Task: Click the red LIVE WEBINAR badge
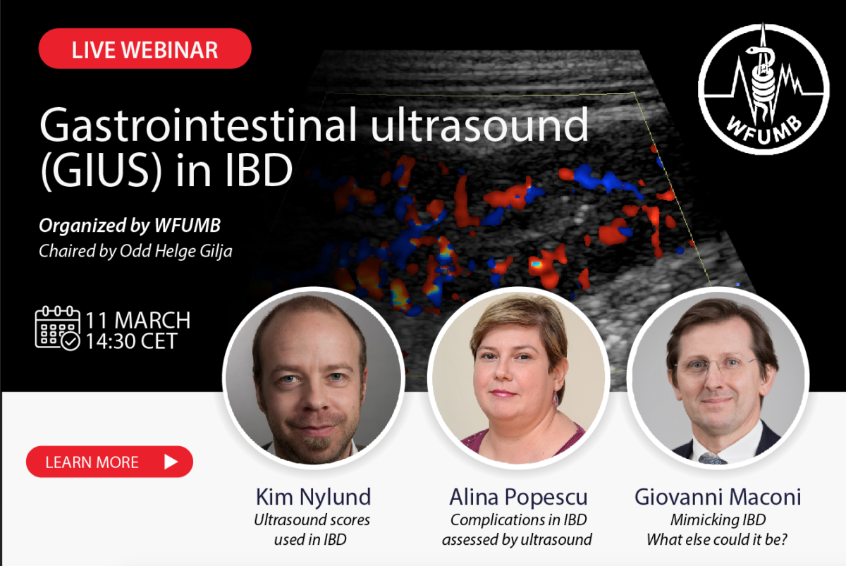pos(145,49)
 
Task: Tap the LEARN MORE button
pos(109,462)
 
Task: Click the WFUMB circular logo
pos(764,89)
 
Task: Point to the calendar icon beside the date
pos(57,328)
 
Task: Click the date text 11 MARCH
pos(138,320)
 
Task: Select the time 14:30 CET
pos(131,341)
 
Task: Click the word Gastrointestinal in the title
pos(198,125)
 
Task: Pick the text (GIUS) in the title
pos(102,171)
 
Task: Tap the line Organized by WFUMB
pos(130,226)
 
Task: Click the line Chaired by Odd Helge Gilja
pos(135,251)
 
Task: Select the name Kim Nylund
pos(314,498)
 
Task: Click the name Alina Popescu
pos(518,497)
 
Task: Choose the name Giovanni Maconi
pos(718,496)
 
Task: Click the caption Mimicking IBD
pos(718,520)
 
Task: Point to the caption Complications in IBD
pos(519,520)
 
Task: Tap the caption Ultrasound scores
pos(312,520)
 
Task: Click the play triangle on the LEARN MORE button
pos(171,462)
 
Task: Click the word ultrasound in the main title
pos(479,125)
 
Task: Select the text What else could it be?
pos(717,540)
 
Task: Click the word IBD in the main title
pos(259,171)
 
